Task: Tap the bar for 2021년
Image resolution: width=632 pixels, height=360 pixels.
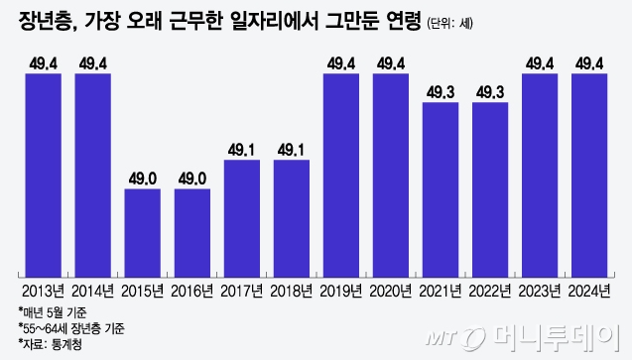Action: click(x=441, y=188)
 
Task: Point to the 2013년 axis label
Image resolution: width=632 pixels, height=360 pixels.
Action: click(x=44, y=291)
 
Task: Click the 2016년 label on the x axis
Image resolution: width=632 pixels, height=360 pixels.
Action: click(x=192, y=291)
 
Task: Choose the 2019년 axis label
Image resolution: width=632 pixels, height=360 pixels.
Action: click(x=341, y=291)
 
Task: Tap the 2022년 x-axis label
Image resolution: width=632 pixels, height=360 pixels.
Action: click(x=490, y=291)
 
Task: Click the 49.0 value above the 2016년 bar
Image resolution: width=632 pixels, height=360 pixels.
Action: click(x=192, y=178)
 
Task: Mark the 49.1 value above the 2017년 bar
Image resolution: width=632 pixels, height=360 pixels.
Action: click(x=242, y=150)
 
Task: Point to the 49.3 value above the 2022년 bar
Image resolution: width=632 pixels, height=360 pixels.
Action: click(x=490, y=93)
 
